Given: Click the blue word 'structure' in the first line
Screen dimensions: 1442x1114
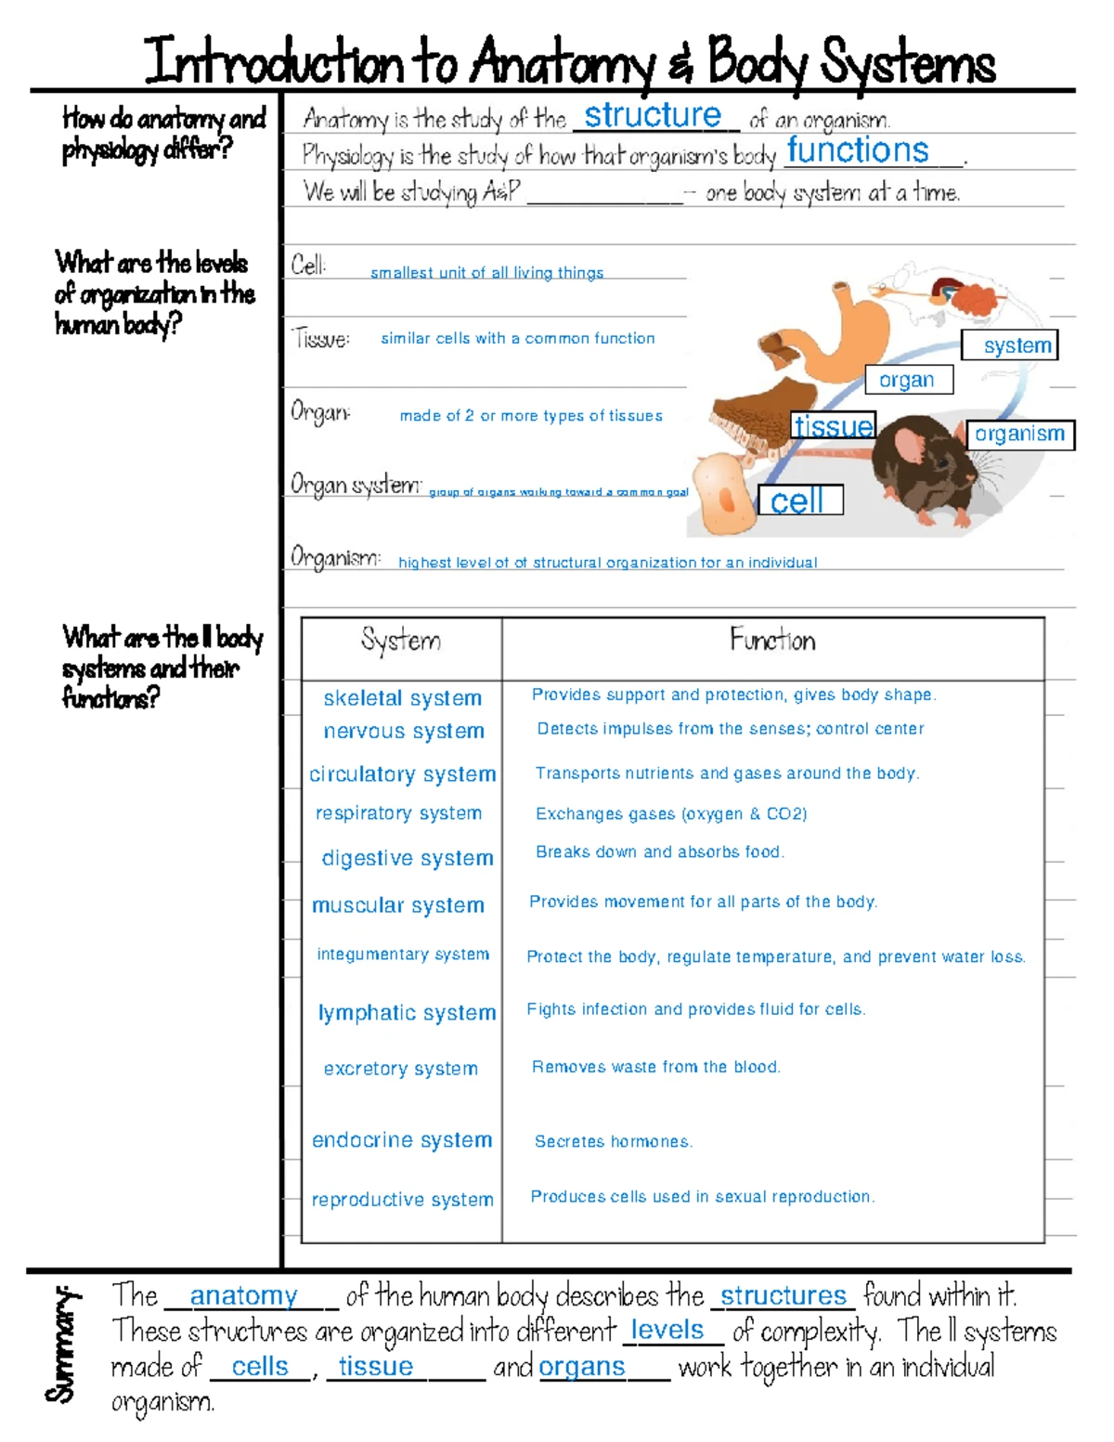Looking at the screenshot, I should pos(653,115).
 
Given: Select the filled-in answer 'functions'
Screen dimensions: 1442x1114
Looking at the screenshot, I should pos(858,150).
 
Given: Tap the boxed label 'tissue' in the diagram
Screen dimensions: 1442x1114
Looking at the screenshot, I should pos(833,426).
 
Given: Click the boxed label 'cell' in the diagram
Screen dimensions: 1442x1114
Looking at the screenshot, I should pos(798,500).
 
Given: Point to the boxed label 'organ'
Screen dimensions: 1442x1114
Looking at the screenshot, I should pos(907,380).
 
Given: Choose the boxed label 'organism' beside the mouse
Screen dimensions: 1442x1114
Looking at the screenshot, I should pos(1019,434).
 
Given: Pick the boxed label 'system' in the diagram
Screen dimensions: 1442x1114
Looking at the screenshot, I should pos(1017,345).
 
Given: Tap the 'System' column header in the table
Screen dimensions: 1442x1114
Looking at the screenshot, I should pos(401,641).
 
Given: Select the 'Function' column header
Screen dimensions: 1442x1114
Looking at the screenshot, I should pos(772,640).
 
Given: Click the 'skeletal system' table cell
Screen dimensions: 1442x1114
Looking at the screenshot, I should pos(403,698).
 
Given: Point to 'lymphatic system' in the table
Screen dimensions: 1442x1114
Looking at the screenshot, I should pos(407,1012).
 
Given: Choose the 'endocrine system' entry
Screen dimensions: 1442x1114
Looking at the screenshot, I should pos(402,1140).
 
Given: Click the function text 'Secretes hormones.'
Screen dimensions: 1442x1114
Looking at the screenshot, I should pos(614,1141).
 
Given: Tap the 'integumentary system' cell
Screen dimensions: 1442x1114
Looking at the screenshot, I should pos(403,955).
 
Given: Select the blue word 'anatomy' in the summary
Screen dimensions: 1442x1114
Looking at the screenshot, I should pos(244,1295).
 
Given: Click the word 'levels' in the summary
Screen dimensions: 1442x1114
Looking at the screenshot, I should pos(667,1330).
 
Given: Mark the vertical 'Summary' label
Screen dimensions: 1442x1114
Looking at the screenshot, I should pos(61,1344).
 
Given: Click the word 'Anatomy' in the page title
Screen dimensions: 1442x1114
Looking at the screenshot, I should pos(563,63).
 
